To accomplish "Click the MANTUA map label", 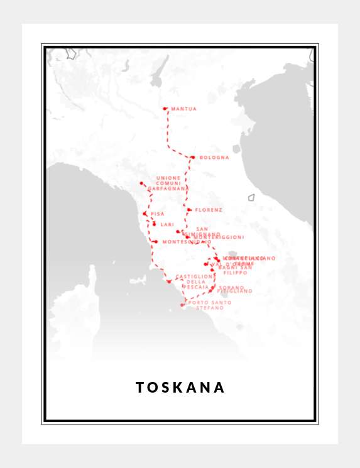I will [183, 109].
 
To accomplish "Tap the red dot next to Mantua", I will [165, 109].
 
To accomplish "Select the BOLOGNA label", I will [214, 158].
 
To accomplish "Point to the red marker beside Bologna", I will [193, 157].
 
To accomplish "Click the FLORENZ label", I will [209, 210].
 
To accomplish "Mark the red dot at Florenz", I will [189, 210].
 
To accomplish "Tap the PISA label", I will [157, 214].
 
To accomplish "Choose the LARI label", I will [167, 224].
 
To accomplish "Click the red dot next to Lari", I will [154, 224].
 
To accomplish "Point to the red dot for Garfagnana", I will [141, 183].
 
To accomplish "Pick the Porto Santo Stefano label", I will [209, 305].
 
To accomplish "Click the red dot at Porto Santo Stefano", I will [182, 305].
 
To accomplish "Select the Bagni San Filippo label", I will [235, 270].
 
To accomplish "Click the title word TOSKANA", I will [180, 387].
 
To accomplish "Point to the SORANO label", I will [231, 287].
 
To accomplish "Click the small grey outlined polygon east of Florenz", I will [251, 197].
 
